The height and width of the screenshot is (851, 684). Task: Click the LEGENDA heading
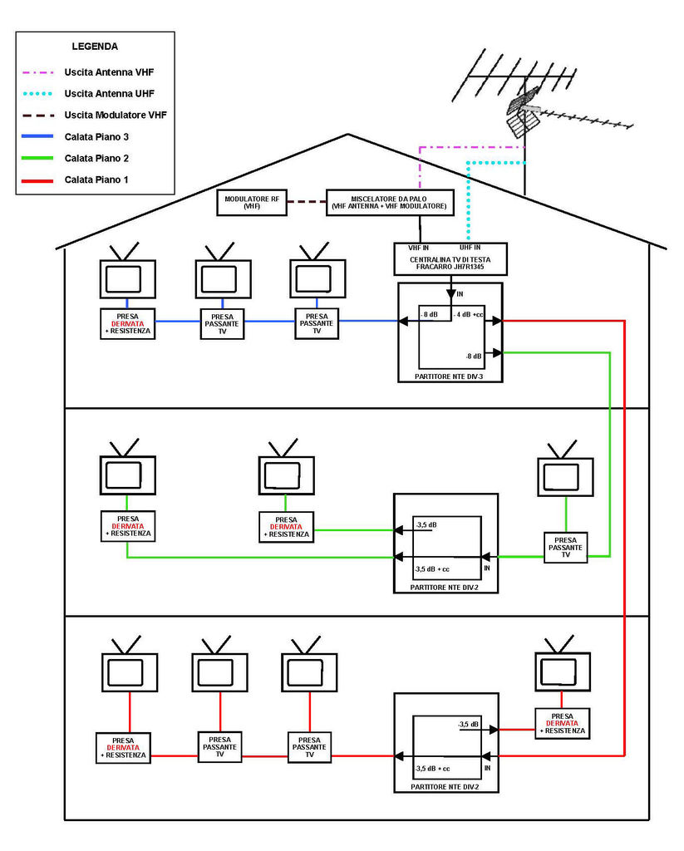click(94, 47)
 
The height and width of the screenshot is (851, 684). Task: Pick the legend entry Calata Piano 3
click(96, 136)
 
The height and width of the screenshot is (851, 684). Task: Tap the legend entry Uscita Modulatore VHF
click(116, 115)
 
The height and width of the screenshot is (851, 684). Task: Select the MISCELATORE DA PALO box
click(388, 203)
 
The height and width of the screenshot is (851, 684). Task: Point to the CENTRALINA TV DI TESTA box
click(450, 259)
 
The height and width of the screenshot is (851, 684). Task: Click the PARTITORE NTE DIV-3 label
click(450, 376)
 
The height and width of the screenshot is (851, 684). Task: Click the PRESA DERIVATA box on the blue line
click(127, 322)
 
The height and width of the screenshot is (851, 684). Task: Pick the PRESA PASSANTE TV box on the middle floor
click(566, 548)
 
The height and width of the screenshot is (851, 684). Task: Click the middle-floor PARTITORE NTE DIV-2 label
click(444, 587)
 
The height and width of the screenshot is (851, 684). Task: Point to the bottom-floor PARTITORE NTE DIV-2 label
click(444, 786)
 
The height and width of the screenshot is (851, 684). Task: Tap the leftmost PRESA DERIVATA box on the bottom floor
click(124, 747)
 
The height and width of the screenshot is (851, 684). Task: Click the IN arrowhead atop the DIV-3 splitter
click(450, 293)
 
